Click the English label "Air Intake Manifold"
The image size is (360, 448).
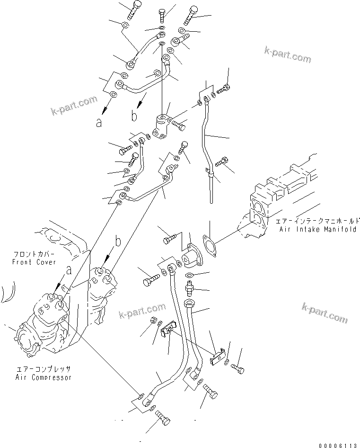[317, 229]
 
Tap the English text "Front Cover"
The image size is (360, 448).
[35, 262]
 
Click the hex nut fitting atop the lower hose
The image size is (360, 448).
[189, 303]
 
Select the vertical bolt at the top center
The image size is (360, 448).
[162, 15]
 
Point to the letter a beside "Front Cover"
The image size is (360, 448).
[69, 270]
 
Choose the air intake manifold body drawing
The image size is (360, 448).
[279, 189]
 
